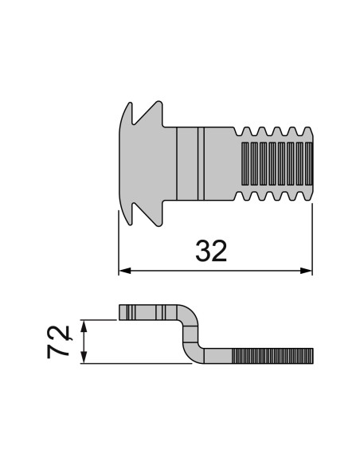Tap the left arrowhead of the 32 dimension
[123, 272]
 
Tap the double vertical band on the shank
[199, 163]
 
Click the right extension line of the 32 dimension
[311, 239]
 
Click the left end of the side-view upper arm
[123, 311]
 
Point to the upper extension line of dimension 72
[100, 319]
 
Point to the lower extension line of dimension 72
[135, 364]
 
